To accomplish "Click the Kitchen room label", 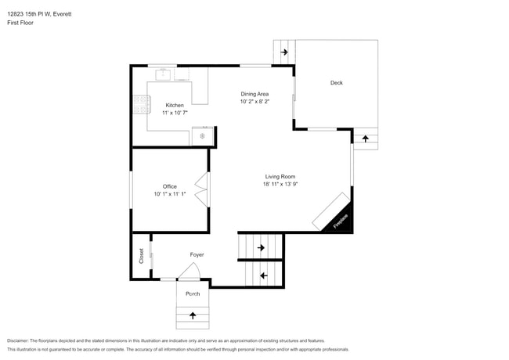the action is click(175, 105).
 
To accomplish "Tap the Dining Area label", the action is click(254, 94).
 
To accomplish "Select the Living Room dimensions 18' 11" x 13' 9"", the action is click(280, 184).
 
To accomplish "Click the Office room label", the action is click(170, 186).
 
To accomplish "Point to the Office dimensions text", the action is click(170, 194).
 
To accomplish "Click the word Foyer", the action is click(197, 255).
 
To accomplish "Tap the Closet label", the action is click(141, 256).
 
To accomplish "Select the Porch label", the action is click(193, 293).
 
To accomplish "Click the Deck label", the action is click(336, 83).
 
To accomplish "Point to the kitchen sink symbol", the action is click(163, 74).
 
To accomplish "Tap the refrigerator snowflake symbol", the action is click(202, 136).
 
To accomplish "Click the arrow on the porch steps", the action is click(193, 315).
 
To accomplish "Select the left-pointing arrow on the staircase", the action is click(264, 275).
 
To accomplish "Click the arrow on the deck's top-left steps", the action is click(284, 52).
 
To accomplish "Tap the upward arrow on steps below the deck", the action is click(366, 139).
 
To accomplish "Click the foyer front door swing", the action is click(189, 271).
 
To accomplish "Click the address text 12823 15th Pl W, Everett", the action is click(39, 14).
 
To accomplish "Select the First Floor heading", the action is click(20, 23).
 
